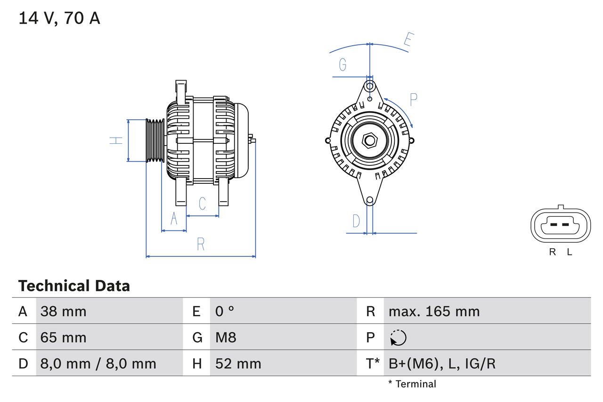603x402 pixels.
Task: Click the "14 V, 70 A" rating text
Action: click(x=59, y=18)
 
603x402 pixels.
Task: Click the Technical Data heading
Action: click(x=74, y=286)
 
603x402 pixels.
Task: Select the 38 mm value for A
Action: click(x=64, y=311)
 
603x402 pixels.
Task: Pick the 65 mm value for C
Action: click(x=64, y=337)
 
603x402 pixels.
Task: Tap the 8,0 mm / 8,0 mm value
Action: click(x=98, y=363)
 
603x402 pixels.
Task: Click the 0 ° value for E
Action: click(x=225, y=311)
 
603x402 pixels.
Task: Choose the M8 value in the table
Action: click(x=226, y=337)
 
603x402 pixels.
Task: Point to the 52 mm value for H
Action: click(x=238, y=363)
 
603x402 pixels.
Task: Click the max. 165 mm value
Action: click(x=434, y=311)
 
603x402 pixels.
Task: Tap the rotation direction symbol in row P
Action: click(x=398, y=337)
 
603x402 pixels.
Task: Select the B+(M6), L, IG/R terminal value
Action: click(x=442, y=363)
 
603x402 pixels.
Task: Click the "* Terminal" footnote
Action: click(x=412, y=384)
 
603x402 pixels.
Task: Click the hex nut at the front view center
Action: click(x=370, y=140)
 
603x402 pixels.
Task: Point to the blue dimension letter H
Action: click(x=116, y=140)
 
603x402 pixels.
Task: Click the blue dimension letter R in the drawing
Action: click(x=201, y=244)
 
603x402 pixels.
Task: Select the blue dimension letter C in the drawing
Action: click(x=202, y=204)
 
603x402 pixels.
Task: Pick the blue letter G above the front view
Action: click(x=343, y=65)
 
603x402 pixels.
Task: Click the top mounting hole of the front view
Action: click(x=370, y=86)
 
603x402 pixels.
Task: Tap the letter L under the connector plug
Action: click(x=570, y=252)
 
